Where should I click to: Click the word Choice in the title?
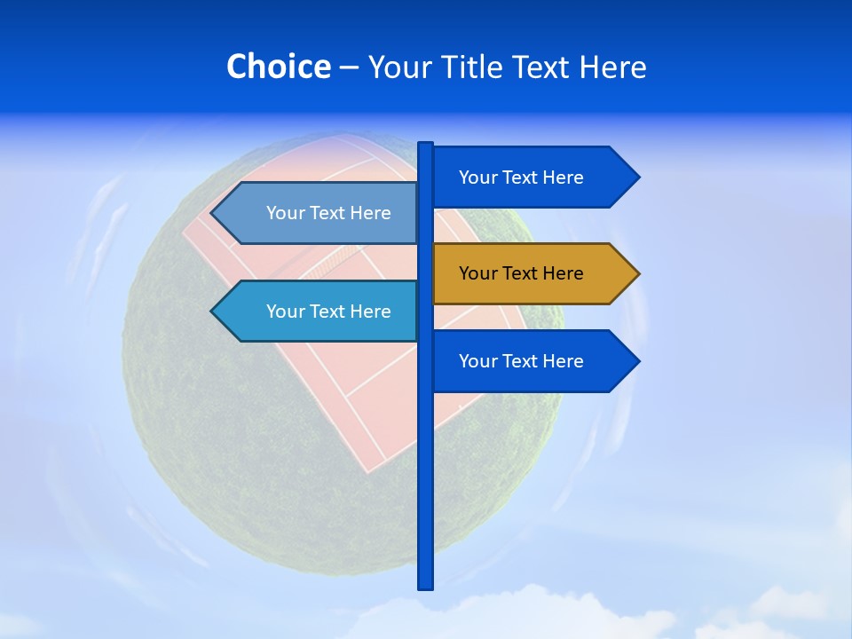pyautogui.click(x=278, y=67)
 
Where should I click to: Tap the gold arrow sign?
pyautogui.click(x=522, y=273)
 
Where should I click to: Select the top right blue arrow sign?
pyautogui.click(x=522, y=177)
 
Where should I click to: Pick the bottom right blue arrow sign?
pyautogui.click(x=522, y=361)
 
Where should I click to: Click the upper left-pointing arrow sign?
pyautogui.click(x=328, y=213)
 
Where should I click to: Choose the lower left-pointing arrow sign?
pyautogui.click(x=328, y=312)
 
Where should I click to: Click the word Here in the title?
pyautogui.click(x=612, y=67)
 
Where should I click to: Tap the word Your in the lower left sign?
pyautogui.click(x=285, y=312)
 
